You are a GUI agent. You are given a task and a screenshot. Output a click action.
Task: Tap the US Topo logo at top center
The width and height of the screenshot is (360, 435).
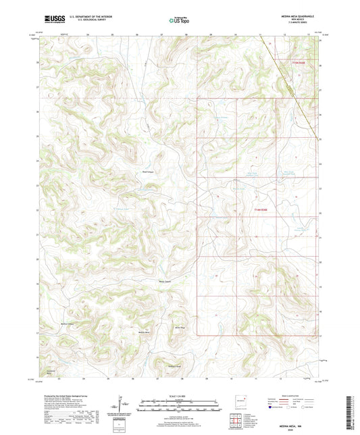tap(179, 21)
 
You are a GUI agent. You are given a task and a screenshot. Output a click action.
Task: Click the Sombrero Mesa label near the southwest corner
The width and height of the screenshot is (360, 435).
tap(51, 372)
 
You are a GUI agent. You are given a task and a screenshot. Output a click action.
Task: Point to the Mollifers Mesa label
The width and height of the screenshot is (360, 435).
tap(174, 365)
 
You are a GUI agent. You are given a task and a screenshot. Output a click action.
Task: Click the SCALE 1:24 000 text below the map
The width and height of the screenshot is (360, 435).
tap(179, 396)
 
